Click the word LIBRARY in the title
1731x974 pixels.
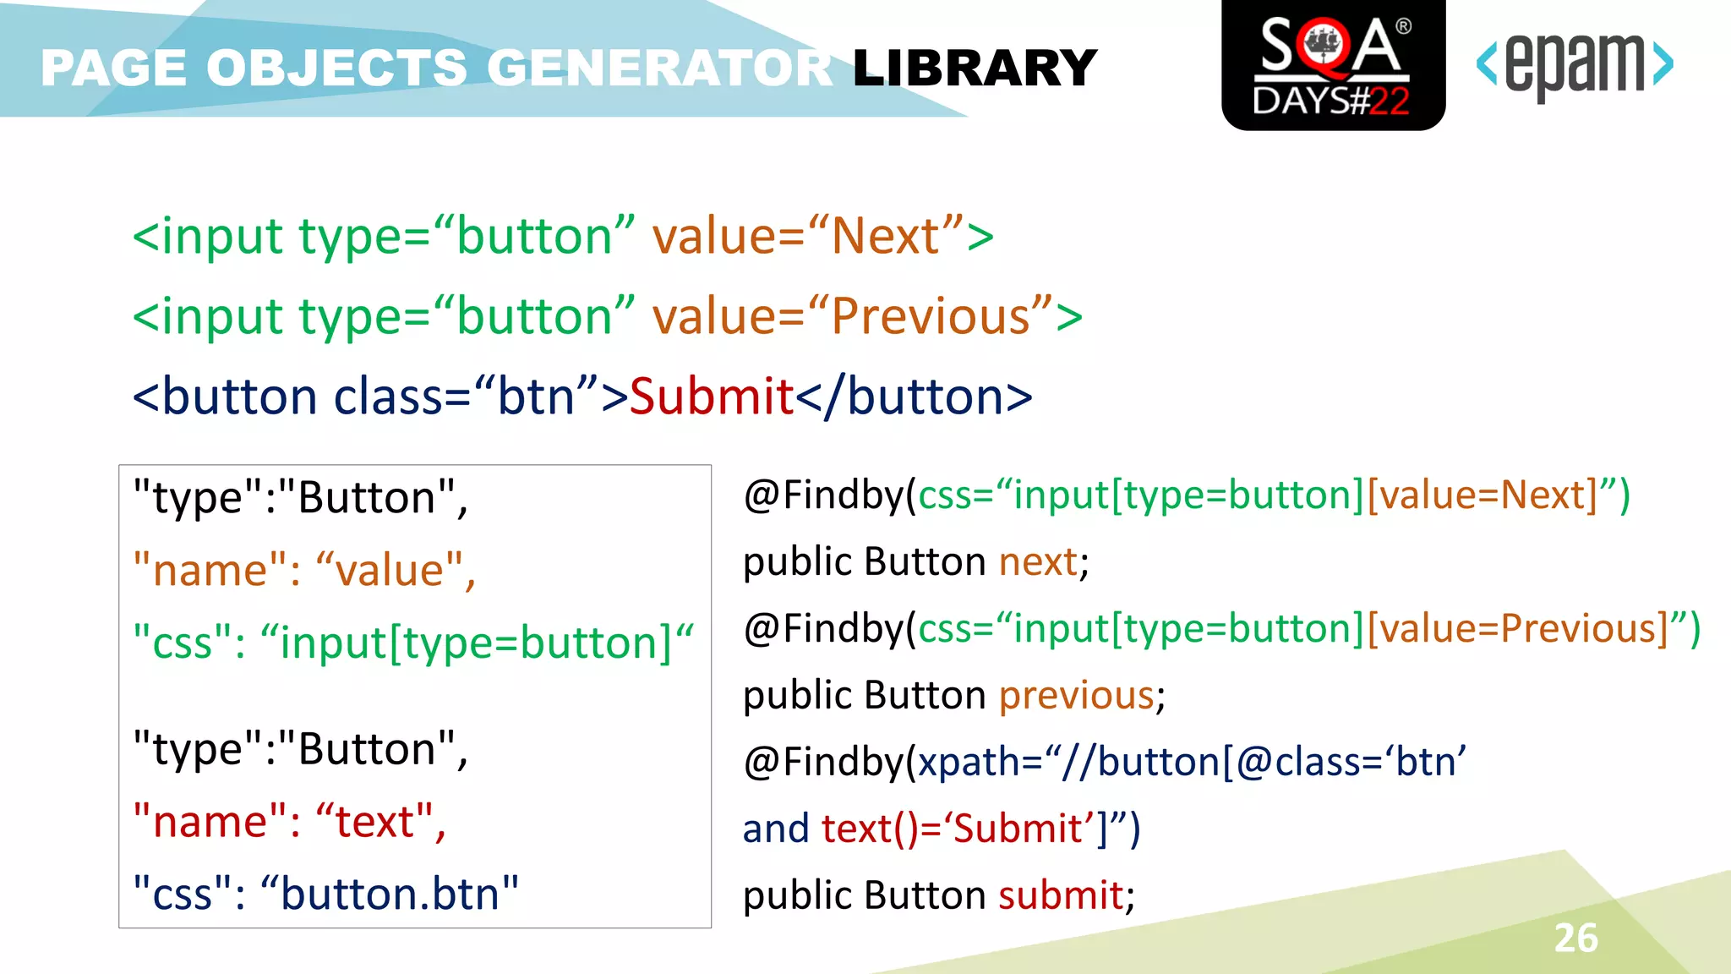tap(975, 68)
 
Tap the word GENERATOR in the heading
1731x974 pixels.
tap(659, 68)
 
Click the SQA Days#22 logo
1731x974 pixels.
tap(1333, 65)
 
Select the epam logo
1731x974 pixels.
tap(1574, 65)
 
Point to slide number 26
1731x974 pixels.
tap(1575, 938)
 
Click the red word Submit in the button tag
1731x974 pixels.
tap(712, 397)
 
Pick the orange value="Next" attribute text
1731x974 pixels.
tap(808, 236)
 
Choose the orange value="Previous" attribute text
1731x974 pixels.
tap(854, 317)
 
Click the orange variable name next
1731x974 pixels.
tap(1038, 562)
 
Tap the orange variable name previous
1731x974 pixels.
tap(1076, 696)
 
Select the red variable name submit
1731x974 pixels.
tap(1061, 895)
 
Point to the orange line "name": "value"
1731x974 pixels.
tap(304, 571)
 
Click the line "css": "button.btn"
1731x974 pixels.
tap(326, 895)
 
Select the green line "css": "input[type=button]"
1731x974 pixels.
tap(412, 643)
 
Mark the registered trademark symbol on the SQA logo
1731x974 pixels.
tap(1403, 26)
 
